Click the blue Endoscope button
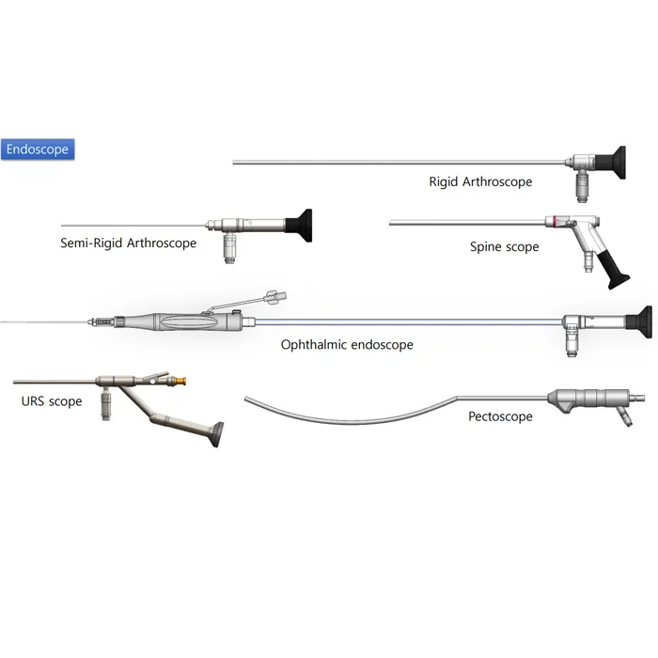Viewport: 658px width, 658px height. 37,149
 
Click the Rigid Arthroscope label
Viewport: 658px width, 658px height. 480,181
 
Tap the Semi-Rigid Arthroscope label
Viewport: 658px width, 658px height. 128,243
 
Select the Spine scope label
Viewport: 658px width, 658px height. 505,246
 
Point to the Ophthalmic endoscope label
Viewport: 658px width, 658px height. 347,345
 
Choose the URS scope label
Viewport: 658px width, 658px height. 52,401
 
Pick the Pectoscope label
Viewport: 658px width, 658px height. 500,416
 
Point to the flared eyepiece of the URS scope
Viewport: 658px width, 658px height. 219,434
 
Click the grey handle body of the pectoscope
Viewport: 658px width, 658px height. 587,397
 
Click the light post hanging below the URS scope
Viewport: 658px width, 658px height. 107,405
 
